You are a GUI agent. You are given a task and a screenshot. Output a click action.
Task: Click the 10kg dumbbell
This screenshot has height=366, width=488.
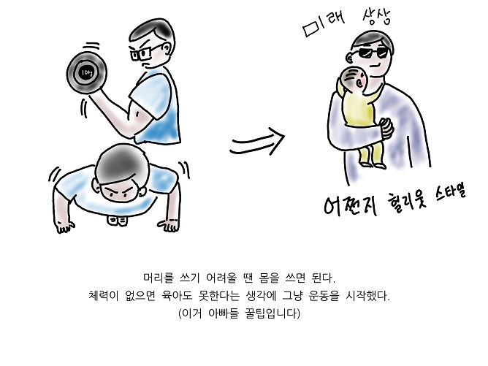click(86, 73)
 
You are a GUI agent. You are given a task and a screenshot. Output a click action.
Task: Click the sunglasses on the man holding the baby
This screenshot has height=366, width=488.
click(373, 53)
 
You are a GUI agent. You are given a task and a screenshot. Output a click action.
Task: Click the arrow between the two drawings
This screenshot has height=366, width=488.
click(257, 142)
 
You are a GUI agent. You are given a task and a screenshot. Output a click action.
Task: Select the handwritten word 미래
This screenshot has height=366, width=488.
click(324, 23)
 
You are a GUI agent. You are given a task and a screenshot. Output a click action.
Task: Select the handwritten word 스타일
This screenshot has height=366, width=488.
click(450, 191)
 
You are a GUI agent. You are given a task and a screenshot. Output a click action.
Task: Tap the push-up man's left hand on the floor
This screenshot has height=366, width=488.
click(169, 225)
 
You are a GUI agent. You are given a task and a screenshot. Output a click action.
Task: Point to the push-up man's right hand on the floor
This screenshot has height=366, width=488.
click(65, 226)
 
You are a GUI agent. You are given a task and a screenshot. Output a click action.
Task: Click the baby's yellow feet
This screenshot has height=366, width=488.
click(373, 164)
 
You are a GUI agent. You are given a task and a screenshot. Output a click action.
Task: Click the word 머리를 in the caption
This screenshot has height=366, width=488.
click(158, 278)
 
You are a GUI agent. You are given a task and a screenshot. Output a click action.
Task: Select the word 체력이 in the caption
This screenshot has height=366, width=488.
click(103, 295)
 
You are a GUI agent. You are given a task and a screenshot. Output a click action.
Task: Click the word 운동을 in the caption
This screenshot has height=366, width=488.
click(324, 295)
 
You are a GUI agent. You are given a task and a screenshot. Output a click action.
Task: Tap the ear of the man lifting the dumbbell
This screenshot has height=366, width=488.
click(167, 48)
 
